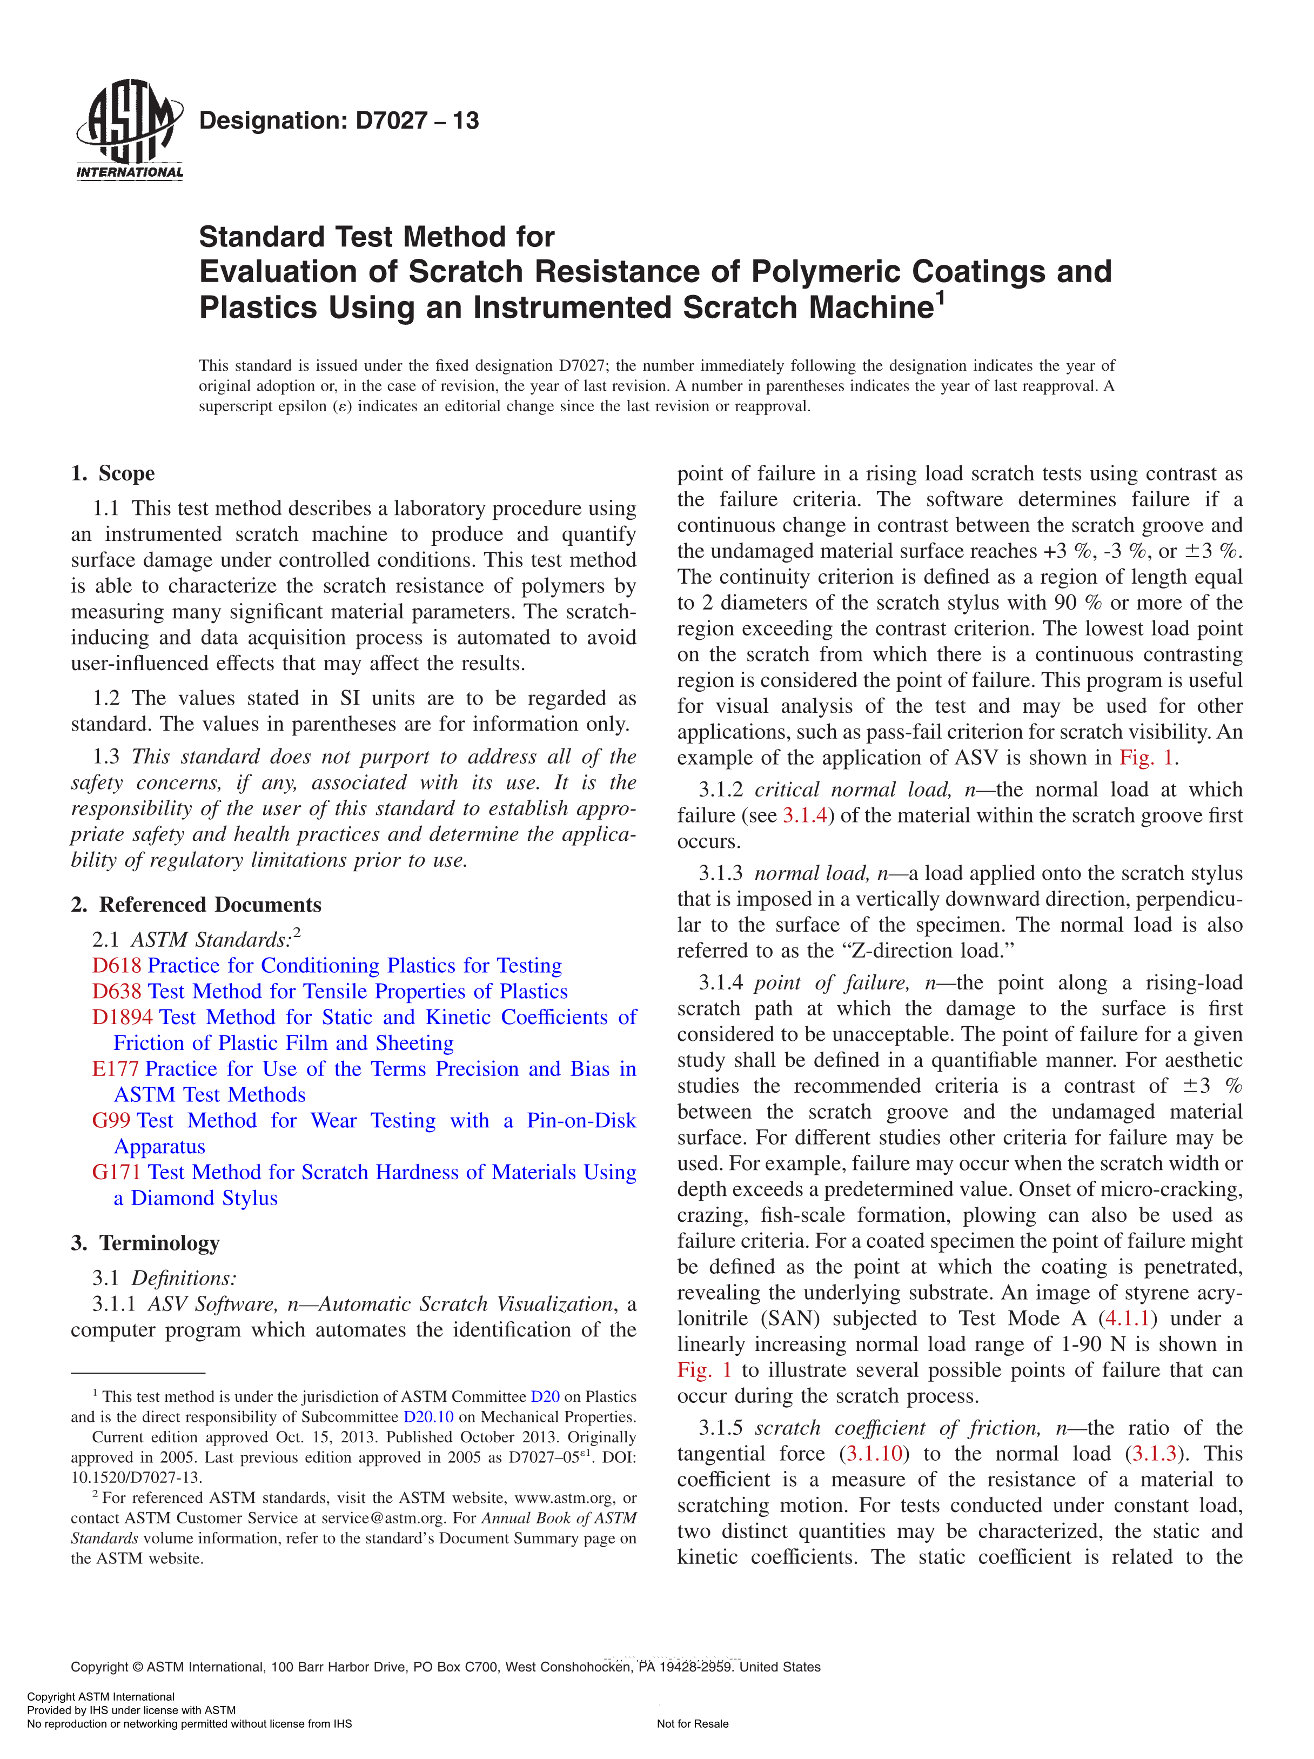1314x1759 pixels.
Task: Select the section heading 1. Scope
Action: (x=113, y=474)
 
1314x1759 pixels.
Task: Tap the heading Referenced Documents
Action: (x=209, y=905)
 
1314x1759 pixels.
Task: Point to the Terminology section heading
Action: (x=158, y=1243)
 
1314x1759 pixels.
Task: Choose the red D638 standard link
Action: (x=117, y=992)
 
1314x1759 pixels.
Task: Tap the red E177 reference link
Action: (x=115, y=1069)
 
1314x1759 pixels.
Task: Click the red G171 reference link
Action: (x=117, y=1172)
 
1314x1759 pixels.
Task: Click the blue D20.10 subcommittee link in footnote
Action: (x=428, y=1417)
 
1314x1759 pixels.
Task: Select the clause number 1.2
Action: (x=106, y=698)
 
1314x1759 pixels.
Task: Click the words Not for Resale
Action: (x=692, y=1724)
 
